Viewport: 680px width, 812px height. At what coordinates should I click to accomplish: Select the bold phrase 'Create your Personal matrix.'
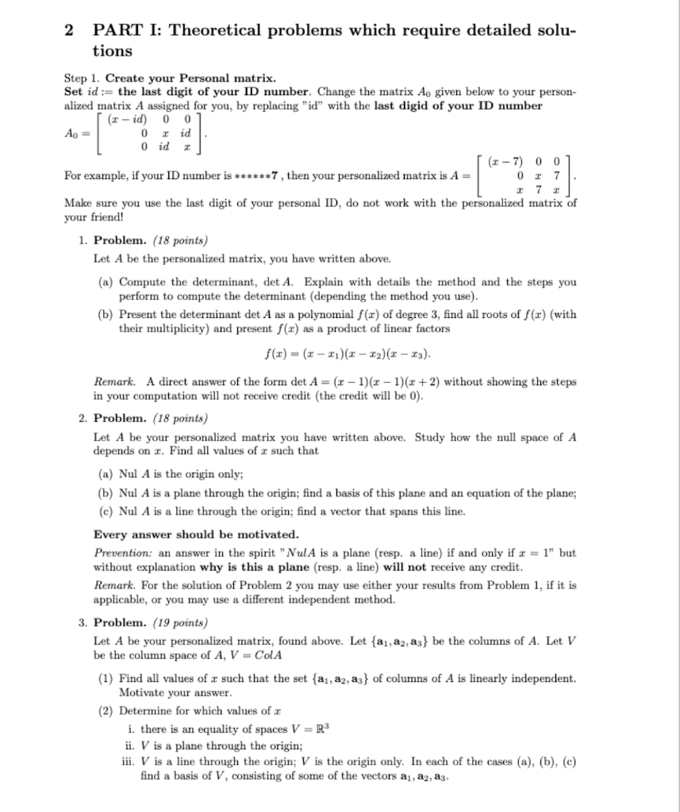coord(190,79)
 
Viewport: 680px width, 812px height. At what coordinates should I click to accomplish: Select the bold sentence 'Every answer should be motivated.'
coord(196,534)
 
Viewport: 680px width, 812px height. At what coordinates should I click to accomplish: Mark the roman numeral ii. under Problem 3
coord(134,745)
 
